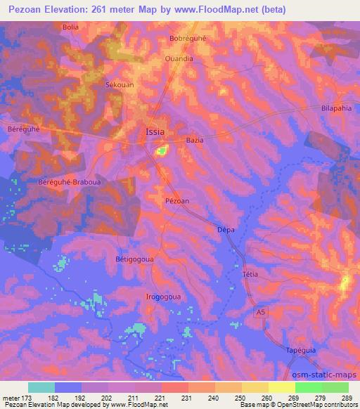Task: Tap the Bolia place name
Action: click(71, 27)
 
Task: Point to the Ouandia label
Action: click(179, 59)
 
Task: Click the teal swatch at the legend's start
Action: click(41, 387)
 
